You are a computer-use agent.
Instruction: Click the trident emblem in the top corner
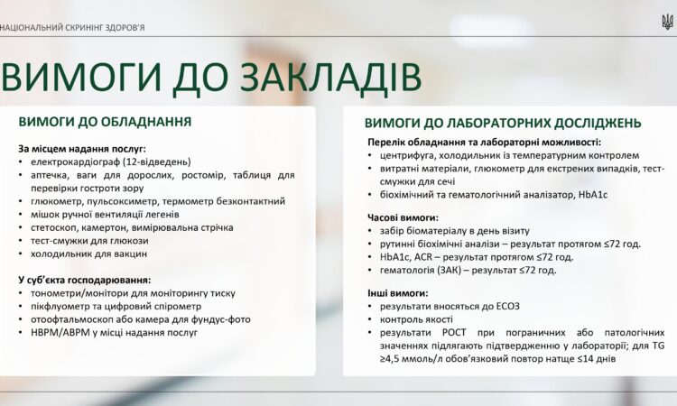click(x=667, y=20)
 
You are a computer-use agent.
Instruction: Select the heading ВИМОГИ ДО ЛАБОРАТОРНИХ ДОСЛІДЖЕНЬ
click(x=503, y=123)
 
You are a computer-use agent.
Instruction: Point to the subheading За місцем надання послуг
click(x=82, y=147)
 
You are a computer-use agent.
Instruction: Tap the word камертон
click(x=111, y=228)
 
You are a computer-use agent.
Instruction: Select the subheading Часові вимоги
click(x=403, y=217)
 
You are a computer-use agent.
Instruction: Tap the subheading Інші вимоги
click(x=397, y=293)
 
